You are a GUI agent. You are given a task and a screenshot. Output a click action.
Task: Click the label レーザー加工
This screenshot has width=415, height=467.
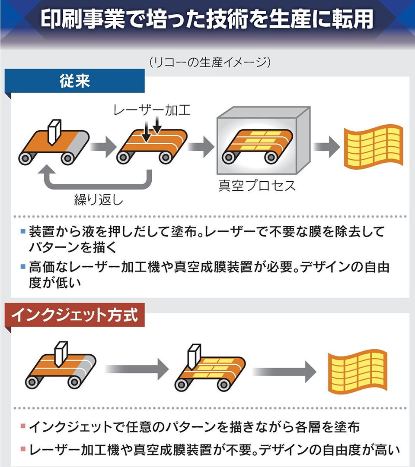(x=151, y=111)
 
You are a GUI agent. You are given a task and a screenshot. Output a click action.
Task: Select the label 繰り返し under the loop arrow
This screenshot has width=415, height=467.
(x=99, y=200)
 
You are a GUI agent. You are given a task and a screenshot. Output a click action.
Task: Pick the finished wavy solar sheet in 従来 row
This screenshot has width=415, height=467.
(x=373, y=146)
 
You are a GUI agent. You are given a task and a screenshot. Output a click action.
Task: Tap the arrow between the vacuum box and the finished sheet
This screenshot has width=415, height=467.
(x=326, y=147)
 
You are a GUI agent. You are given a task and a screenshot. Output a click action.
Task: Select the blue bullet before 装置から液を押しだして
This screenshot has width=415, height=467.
(x=23, y=232)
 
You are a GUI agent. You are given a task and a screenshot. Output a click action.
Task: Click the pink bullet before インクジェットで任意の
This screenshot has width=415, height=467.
(x=23, y=427)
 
